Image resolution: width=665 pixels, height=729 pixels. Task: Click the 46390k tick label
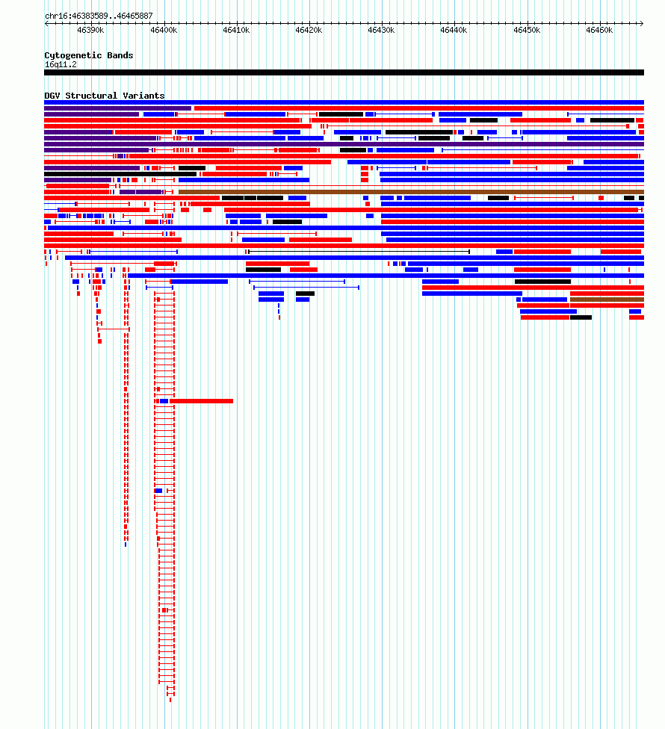pyautogui.click(x=90, y=30)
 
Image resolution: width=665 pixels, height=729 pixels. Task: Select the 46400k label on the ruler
pyautogui.click(x=164, y=30)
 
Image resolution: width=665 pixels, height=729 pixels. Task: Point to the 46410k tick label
pyautogui.click(x=236, y=30)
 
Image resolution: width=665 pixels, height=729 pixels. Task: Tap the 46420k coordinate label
pyautogui.click(x=309, y=30)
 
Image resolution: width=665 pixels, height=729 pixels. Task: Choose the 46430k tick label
pyautogui.click(x=381, y=30)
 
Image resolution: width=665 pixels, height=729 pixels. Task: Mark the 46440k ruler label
pyautogui.click(x=454, y=30)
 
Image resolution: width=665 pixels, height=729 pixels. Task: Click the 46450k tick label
pyautogui.click(x=527, y=30)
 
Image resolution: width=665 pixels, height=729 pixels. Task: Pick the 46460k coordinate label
pyautogui.click(x=599, y=30)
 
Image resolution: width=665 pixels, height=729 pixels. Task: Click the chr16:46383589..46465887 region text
pyautogui.click(x=99, y=16)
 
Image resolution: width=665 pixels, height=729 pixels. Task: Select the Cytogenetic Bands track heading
pyautogui.click(x=89, y=55)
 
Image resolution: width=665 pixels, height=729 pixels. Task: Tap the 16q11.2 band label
pyautogui.click(x=61, y=65)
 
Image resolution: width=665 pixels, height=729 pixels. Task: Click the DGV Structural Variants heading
pyautogui.click(x=105, y=96)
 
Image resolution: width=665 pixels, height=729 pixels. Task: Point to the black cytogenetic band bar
pyautogui.click(x=344, y=72)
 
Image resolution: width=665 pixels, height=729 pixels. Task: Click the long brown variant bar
pyautogui.click(x=411, y=191)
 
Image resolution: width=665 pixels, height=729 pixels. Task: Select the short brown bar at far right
pyautogui.click(x=607, y=300)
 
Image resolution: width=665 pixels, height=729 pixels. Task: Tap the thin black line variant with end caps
pyautogui.click(x=359, y=252)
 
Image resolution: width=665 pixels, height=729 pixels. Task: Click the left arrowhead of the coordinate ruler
pyautogui.click(x=46, y=23)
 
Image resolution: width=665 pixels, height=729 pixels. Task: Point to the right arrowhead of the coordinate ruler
pyautogui.click(x=643, y=23)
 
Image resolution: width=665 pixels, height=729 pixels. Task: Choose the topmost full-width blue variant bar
pyautogui.click(x=344, y=102)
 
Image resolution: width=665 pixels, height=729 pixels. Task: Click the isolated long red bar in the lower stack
pyautogui.click(x=201, y=401)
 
